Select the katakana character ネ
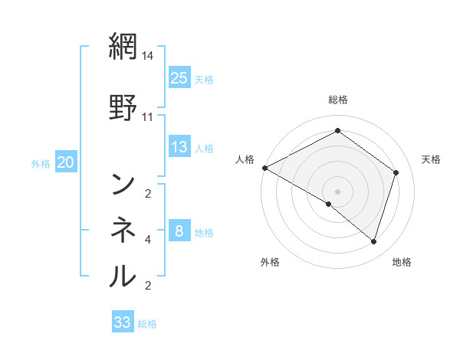pos(123,227)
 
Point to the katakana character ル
pos(123,274)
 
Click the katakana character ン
pos(123,184)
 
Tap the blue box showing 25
pos(179,77)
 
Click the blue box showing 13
pos(179,147)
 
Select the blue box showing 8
pos(179,231)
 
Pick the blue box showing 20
pos(66,162)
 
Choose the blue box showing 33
pos(123,322)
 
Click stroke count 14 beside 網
pos(148,56)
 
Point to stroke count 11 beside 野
pos(148,117)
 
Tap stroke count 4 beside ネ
pos(148,240)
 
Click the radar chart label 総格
pos(337,99)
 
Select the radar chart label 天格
pos(431,159)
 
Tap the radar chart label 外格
pos(270,262)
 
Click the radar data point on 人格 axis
pos(264,167)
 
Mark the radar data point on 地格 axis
pos(373,241)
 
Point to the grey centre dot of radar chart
pos(337,191)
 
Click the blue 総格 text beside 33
pos(147,324)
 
